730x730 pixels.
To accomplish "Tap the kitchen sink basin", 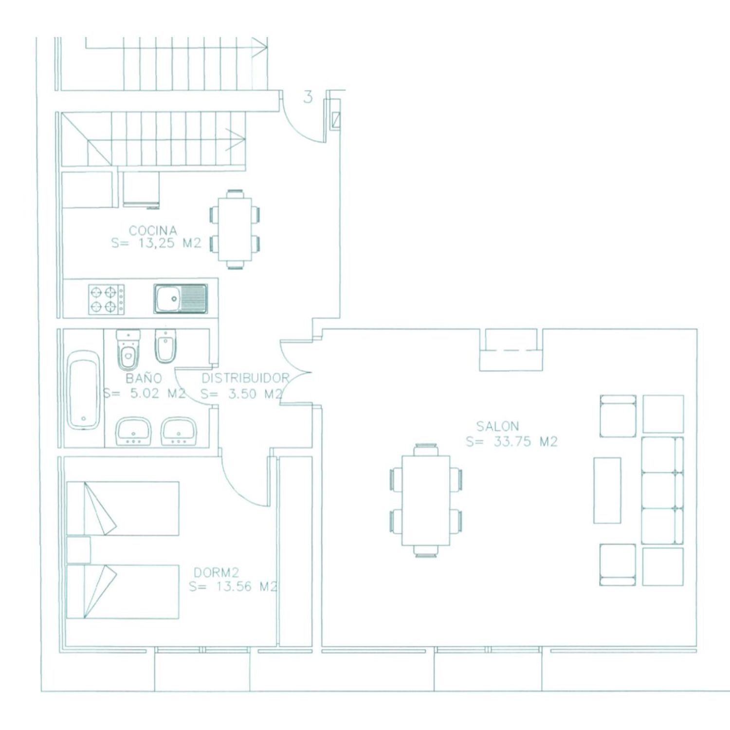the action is (x=181, y=298).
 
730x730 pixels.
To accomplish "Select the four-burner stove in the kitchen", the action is (x=106, y=299).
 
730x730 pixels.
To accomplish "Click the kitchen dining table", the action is (x=235, y=229).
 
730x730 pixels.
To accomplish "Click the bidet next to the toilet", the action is (x=165, y=347).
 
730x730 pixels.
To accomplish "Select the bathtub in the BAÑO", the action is (x=84, y=391).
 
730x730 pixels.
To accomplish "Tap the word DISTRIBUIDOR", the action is (x=245, y=378).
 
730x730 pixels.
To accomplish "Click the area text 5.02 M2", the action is (x=158, y=393).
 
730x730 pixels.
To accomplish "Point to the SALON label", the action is (x=497, y=426).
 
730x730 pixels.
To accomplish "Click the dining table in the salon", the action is (x=426, y=500).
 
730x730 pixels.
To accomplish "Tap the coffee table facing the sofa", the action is (x=607, y=490).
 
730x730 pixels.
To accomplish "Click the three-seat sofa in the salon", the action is (x=662, y=490).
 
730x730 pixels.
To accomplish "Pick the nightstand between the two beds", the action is (x=78, y=550).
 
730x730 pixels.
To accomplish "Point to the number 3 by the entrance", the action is (x=308, y=97).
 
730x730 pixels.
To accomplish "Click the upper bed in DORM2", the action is (x=123, y=509).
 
